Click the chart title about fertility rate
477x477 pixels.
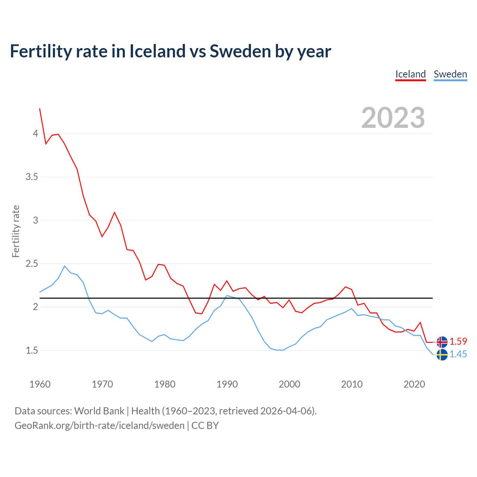coord(170,51)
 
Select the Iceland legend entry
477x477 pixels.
coord(410,74)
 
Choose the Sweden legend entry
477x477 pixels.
coord(450,74)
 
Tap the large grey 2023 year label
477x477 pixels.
coord(393,118)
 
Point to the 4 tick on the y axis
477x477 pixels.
coord(35,133)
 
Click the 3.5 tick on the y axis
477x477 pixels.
coord(32,177)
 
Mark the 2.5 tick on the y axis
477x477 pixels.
coord(32,263)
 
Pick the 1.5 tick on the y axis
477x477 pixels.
coord(32,350)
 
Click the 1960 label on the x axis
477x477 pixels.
coord(40,384)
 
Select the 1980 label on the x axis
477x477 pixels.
coord(165,384)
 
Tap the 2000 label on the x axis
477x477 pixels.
coord(289,384)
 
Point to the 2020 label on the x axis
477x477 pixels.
coord(414,384)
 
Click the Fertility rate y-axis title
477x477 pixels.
coord(16,231)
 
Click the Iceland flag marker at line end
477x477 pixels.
coord(442,342)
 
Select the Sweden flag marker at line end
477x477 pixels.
coord(442,354)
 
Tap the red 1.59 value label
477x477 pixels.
coord(458,341)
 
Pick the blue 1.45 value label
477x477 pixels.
coord(458,354)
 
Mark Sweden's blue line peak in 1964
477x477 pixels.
coord(65,266)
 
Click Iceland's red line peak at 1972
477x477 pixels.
coord(114,212)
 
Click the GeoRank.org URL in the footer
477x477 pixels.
coord(99,425)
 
